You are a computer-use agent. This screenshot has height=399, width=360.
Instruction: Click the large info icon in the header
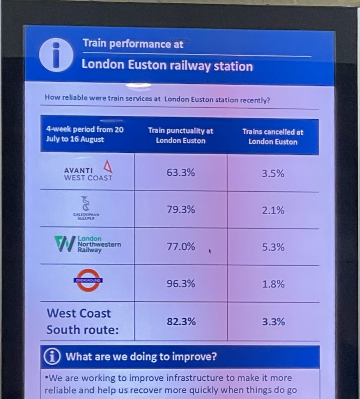pos(56,55)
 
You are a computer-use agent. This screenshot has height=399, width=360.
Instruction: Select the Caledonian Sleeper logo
pos(86,208)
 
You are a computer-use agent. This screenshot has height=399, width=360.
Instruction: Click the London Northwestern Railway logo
pos(88,245)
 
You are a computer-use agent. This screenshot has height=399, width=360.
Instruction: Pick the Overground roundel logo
pos(88,280)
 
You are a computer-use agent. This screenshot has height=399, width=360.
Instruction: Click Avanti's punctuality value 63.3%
pos(181,173)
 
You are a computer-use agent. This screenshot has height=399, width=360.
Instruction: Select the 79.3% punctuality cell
pos(181,210)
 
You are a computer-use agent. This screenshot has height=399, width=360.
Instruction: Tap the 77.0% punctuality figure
pos(181,247)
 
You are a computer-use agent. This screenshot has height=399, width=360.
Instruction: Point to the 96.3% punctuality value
pos(181,284)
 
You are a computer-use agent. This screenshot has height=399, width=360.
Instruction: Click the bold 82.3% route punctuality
pos(181,322)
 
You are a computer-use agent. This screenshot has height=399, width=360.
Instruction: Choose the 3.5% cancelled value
pos(273,174)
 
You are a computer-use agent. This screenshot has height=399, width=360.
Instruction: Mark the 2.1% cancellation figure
pos(273,211)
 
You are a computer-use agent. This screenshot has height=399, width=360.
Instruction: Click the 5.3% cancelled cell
pos(273,247)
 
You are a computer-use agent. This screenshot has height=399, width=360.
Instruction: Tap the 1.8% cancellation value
pos(273,284)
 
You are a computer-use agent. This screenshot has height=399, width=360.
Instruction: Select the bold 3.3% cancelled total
pos(273,322)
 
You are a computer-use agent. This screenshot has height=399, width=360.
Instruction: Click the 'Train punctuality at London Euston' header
pos(181,136)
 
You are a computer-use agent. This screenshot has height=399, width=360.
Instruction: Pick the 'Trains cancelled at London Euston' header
pos(273,137)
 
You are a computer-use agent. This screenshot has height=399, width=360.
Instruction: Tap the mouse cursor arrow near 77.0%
pos(210,251)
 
